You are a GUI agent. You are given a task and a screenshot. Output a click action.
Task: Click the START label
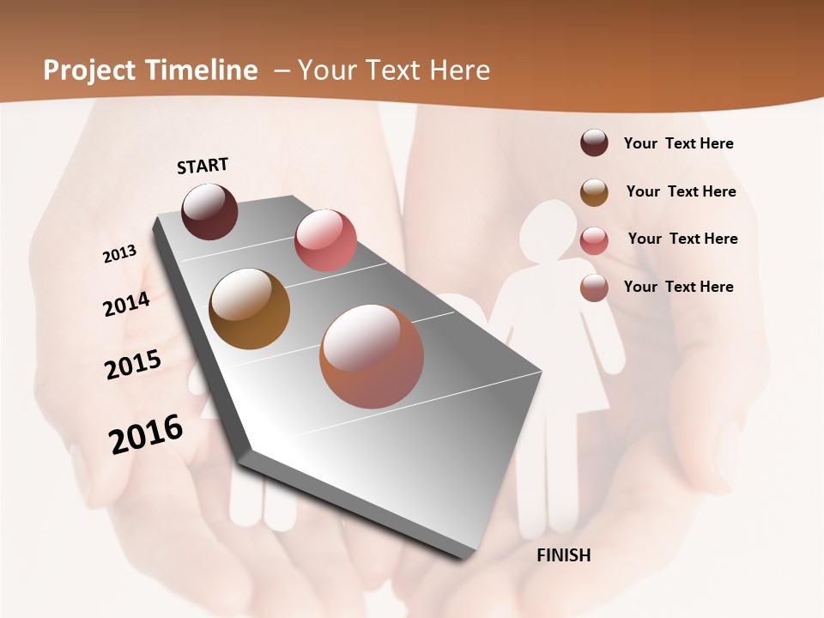click(x=203, y=166)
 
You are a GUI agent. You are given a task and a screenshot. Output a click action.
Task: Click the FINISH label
click(x=563, y=555)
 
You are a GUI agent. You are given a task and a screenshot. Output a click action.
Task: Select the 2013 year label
click(x=120, y=253)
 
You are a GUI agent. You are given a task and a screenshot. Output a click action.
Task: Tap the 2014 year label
click(x=127, y=304)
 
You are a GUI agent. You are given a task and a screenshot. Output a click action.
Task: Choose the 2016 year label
click(x=146, y=434)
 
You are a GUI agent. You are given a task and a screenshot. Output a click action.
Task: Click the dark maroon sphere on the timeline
click(x=209, y=211)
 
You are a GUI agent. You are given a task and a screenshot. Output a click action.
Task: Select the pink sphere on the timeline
click(x=325, y=239)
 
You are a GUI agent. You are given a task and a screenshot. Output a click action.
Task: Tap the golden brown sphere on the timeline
click(x=249, y=309)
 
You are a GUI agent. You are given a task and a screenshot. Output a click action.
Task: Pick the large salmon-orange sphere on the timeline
click(x=372, y=356)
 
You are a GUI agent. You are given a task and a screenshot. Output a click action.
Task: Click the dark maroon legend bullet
click(x=594, y=143)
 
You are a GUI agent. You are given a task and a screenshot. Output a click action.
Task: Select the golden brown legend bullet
click(x=594, y=191)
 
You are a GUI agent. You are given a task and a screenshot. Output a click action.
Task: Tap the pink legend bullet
click(x=594, y=239)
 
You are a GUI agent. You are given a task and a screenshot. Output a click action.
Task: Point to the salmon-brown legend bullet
click(x=594, y=288)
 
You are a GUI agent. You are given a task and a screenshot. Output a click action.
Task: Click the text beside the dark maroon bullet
click(x=678, y=143)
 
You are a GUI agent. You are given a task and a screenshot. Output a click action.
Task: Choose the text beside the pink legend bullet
click(x=682, y=239)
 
